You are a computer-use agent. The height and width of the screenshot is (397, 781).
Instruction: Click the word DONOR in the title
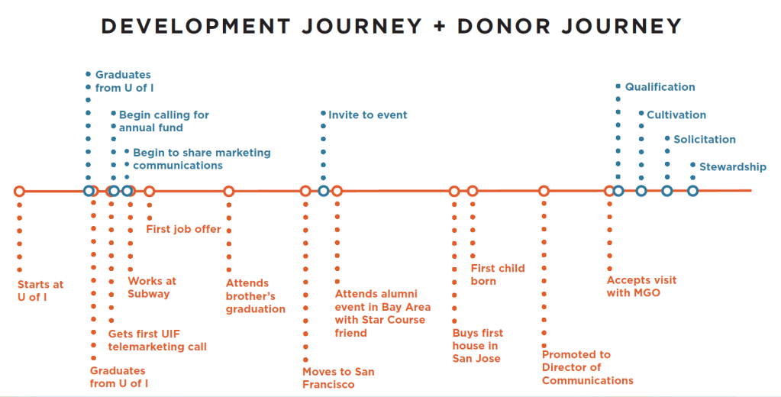pos(504,26)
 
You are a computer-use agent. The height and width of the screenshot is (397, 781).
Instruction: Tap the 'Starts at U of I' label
pos(40,291)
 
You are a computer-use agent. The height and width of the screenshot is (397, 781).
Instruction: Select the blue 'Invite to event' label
pos(367,115)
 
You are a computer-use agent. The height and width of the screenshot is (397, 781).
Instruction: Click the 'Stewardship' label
pos(733,167)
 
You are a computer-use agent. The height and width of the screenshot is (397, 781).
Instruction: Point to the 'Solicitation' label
pos(705,140)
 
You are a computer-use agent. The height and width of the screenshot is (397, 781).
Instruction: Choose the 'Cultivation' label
pos(676,115)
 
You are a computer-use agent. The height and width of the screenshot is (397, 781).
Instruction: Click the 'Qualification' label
pos(660,87)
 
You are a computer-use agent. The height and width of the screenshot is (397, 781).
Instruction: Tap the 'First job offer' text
pos(183,229)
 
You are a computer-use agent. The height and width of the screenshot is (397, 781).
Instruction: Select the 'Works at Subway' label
pos(152,287)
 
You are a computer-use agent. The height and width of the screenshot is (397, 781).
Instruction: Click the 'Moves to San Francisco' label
pos(338,378)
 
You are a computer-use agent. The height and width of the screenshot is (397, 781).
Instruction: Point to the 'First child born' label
pos(498,274)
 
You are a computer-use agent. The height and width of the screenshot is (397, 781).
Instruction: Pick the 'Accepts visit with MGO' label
pos(641,286)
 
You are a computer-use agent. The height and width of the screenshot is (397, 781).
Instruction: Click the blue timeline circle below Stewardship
pos(692,191)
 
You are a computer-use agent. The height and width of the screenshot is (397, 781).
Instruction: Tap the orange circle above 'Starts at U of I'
pos(19,191)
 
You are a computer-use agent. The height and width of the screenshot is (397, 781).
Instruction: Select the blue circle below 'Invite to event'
pos(323,191)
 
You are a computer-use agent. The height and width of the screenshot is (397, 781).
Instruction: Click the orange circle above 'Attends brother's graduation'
pos(228,191)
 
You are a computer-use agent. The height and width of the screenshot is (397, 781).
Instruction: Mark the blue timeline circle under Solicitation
pos(667,191)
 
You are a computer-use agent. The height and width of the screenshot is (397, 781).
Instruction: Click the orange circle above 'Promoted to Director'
pos(544,191)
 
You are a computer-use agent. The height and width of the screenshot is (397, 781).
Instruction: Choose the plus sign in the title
pos(439,27)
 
